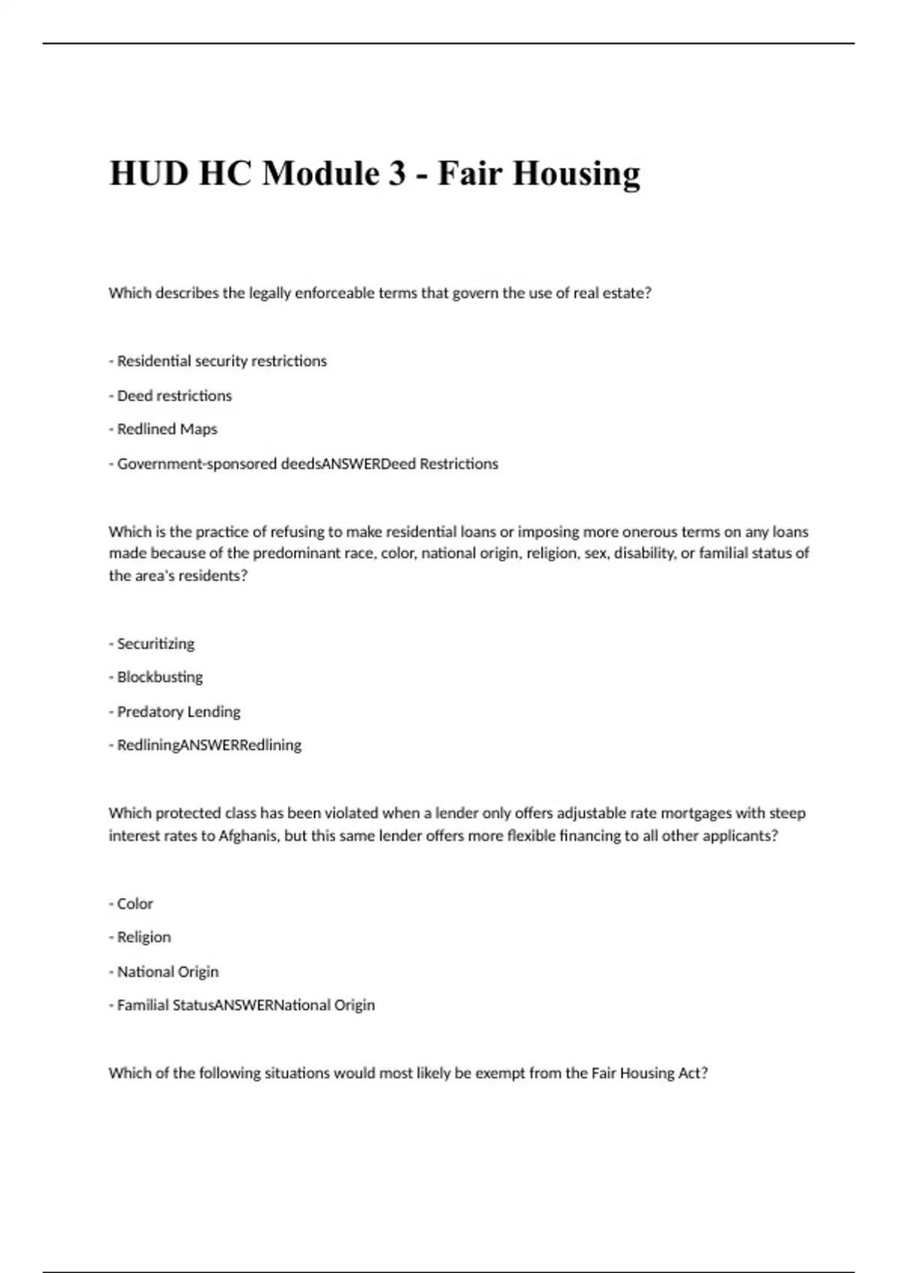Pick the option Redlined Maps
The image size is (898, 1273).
[167, 429]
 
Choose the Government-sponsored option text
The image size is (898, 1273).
[198, 464]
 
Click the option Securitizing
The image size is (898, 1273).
[156, 643]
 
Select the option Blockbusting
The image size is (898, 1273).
[159, 677]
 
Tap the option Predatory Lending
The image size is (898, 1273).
[178, 711]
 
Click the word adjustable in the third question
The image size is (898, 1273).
[590, 813]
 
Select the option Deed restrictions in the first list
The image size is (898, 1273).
[174, 395]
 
